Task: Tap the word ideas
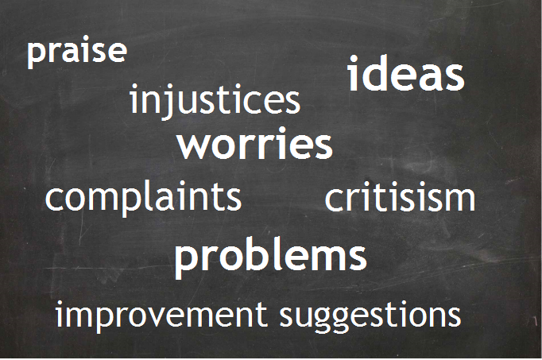(406, 73)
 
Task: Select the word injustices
(215, 101)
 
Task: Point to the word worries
(255, 144)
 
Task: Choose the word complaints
(143, 198)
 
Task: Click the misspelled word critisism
(400, 198)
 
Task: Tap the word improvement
(161, 315)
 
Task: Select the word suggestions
(370, 315)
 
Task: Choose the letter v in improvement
(162, 318)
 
